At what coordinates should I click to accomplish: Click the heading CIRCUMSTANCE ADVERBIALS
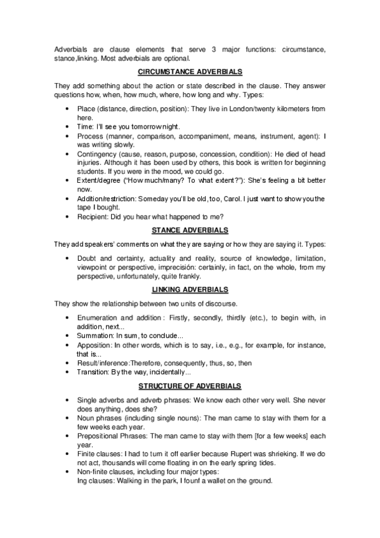(x=190, y=72)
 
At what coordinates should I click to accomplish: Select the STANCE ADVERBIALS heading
(x=190, y=229)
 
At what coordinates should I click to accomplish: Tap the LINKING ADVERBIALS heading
(x=190, y=289)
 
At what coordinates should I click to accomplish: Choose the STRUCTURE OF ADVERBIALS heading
(x=190, y=386)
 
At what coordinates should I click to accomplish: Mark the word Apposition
(x=94, y=344)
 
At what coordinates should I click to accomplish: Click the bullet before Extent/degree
(x=68, y=181)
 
